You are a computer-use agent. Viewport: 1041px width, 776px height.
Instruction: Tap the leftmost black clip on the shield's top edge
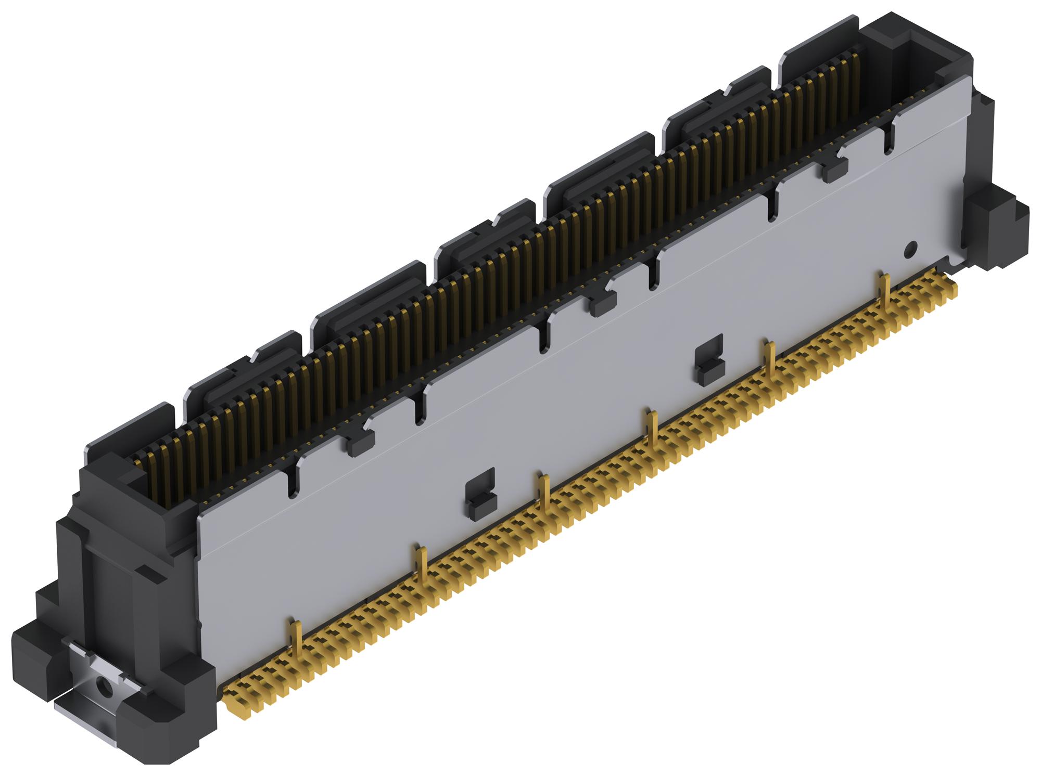tap(360, 442)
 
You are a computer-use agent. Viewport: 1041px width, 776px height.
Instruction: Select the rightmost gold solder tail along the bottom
tap(953, 291)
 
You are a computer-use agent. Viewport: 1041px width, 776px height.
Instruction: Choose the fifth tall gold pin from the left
tap(769, 359)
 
